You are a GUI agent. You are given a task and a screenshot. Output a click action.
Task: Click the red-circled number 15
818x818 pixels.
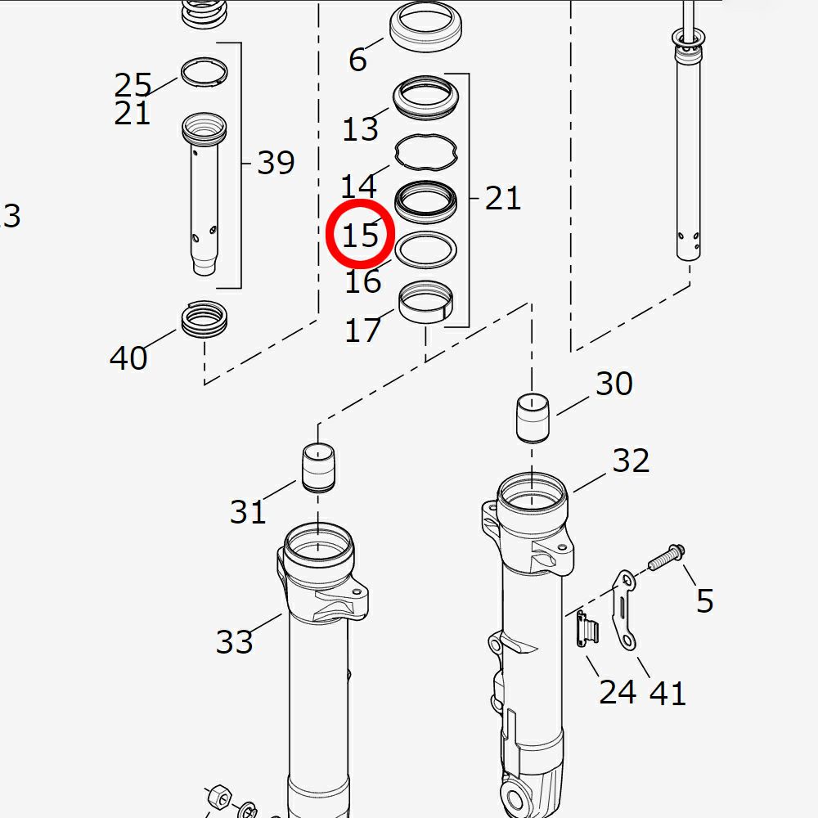(360, 235)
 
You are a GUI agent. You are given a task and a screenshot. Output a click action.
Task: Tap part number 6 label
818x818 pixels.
(357, 59)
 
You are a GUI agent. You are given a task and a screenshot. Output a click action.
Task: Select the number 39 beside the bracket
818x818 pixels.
(276, 163)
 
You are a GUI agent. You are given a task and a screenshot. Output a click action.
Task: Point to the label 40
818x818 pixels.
(128, 357)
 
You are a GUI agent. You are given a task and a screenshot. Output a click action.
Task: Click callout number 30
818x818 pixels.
(613, 383)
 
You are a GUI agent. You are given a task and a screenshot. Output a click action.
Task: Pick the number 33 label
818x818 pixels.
(235, 641)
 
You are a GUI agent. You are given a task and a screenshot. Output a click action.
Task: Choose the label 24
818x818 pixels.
(618, 692)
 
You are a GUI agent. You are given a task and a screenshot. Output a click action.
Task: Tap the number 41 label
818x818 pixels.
(667, 693)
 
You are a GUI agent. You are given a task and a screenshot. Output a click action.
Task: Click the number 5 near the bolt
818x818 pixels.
(704, 601)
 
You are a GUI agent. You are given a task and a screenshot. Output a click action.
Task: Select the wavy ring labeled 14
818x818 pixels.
(426, 151)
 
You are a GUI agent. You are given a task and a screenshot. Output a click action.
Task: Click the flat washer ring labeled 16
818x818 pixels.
(425, 248)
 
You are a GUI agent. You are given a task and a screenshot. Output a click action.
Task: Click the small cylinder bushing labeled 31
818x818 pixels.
(320, 466)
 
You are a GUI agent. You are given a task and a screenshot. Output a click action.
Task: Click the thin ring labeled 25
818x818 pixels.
(204, 71)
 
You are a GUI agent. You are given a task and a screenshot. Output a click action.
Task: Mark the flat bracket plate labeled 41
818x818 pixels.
(627, 610)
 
